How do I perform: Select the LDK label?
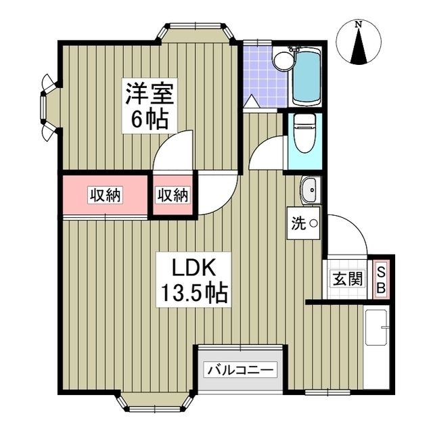(193, 268)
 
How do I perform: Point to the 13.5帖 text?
(193, 294)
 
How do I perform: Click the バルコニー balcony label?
(241, 370)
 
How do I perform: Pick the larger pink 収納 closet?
(105, 196)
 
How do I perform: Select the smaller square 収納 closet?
(173, 196)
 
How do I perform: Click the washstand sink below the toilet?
(311, 190)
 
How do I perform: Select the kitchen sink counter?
(377, 348)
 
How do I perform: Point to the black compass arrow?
(360, 49)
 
